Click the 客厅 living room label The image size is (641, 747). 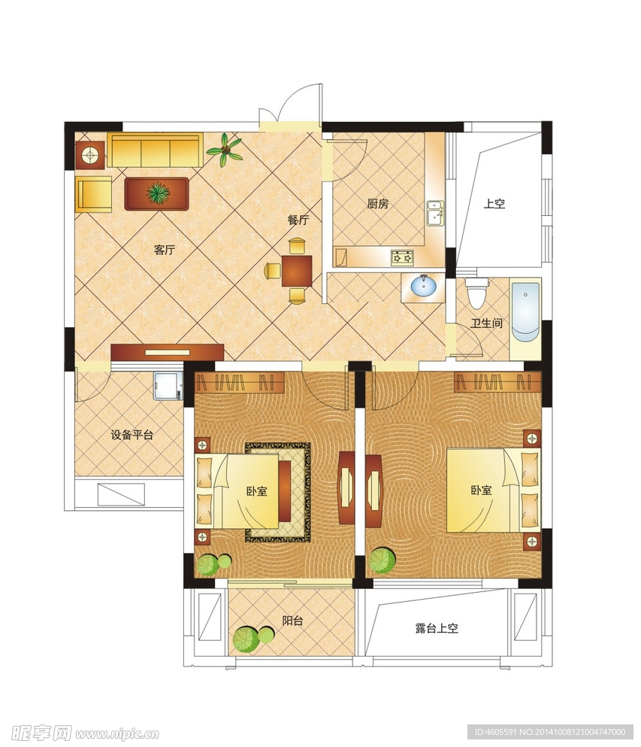[165, 250]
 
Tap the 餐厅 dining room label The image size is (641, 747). [298, 220]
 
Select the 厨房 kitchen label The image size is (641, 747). [378, 204]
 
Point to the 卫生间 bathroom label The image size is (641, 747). [486, 323]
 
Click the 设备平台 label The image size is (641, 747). [132, 435]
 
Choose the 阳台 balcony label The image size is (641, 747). [292, 621]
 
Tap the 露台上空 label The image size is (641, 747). [437, 628]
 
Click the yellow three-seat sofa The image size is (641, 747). [155, 150]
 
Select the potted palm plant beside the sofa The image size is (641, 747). [224, 150]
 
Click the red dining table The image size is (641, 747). [297, 271]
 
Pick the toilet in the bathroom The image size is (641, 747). [476, 293]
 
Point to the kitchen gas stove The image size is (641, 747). [402, 258]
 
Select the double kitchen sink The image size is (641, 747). [434, 212]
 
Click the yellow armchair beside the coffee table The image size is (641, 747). [93, 194]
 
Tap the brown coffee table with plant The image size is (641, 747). [156, 193]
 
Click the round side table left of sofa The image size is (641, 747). [90, 155]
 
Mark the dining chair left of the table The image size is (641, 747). [273, 271]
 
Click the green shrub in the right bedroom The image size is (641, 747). [382, 560]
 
